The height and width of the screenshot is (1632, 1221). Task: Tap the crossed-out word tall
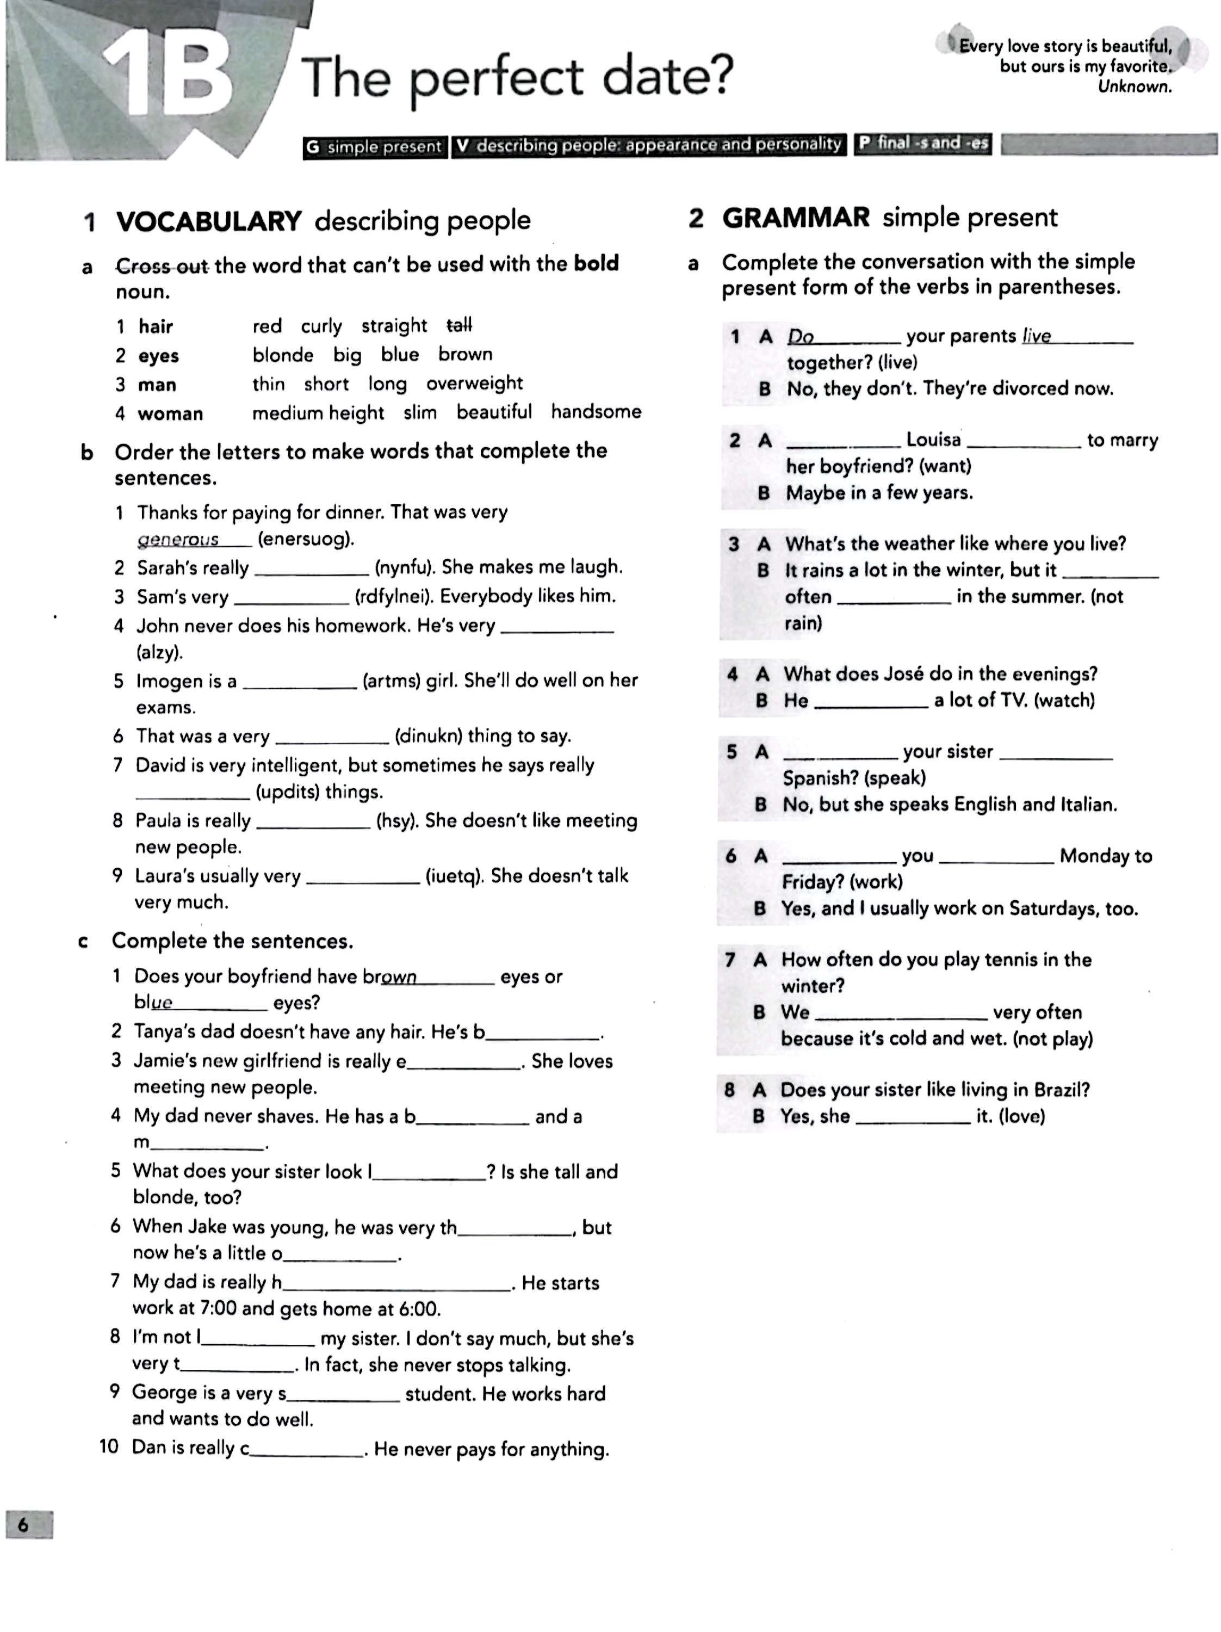pos(459,325)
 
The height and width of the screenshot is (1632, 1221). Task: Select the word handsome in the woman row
pos(596,412)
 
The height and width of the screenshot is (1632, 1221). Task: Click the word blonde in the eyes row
pos(283,355)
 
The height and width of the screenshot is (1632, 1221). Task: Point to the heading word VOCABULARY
pos(209,221)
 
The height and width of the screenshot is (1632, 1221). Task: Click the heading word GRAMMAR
pos(796,218)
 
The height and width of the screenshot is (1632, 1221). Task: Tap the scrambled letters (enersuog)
pos(306,539)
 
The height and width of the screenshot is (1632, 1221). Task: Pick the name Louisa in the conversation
pos(933,440)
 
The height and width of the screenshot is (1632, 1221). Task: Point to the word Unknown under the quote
pos(1134,87)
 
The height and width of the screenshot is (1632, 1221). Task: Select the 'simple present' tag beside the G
pos(383,147)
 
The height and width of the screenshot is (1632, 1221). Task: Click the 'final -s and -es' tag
pos(932,143)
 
